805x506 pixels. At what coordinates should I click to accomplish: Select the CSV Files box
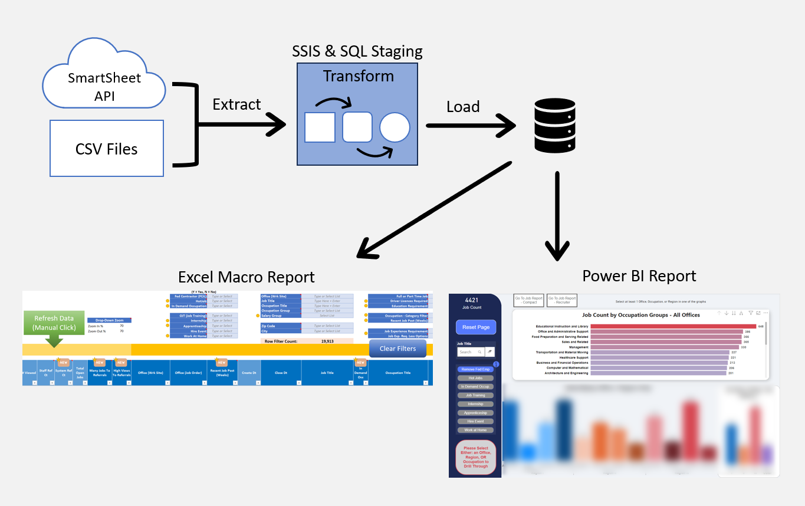(x=107, y=149)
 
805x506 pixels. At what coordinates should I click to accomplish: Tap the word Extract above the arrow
(x=236, y=104)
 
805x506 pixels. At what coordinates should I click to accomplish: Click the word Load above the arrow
(x=463, y=107)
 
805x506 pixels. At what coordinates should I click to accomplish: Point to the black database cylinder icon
(x=554, y=126)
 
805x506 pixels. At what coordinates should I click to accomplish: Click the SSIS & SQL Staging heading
(x=357, y=51)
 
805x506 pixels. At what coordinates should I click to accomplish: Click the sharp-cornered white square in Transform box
(x=320, y=127)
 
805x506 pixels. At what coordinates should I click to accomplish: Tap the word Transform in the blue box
(x=358, y=76)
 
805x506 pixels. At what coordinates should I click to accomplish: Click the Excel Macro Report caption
(x=247, y=277)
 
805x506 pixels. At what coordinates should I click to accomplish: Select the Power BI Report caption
(x=639, y=275)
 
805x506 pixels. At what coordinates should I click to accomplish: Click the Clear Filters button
(x=397, y=349)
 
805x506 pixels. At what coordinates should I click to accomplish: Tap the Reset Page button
(x=475, y=327)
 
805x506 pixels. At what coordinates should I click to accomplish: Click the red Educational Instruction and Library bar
(x=673, y=326)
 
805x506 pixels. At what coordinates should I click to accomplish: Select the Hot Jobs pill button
(x=475, y=377)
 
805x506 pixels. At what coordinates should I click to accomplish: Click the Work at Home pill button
(x=475, y=430)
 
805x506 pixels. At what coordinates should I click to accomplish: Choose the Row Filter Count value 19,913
(x=327, y=341)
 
